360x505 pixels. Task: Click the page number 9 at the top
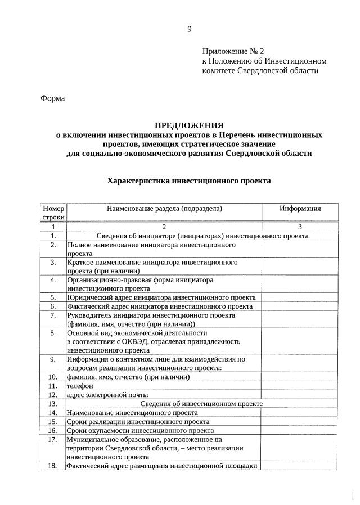190,29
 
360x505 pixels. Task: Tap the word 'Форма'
53,98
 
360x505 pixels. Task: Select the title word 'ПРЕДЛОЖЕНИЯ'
189,125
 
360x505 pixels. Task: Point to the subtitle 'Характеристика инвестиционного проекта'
189,181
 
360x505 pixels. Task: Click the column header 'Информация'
300,209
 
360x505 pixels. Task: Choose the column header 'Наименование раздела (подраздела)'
164,209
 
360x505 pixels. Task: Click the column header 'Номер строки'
53,213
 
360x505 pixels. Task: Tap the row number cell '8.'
53,333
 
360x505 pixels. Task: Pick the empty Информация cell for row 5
300,297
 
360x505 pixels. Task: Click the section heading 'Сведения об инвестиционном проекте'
201,404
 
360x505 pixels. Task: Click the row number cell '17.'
53,439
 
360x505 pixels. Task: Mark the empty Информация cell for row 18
300,466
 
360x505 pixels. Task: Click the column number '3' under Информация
300,227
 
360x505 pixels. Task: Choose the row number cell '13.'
53,404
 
